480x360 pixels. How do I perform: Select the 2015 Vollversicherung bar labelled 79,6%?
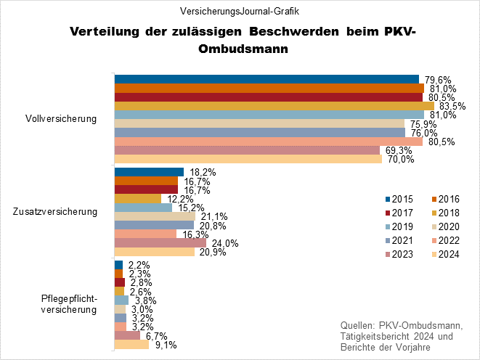tap(267, 79)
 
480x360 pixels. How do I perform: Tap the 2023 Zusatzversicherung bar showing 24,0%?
tap(160, 243)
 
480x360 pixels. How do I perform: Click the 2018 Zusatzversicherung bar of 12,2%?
tap(137, 198)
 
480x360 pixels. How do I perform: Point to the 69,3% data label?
tap(398, 151)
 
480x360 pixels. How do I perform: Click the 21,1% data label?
tap(211, 216)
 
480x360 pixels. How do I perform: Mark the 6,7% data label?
tap(155, 336)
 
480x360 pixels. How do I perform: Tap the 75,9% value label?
tap(423, 123)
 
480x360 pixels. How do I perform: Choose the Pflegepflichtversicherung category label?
tap(70, 304)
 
